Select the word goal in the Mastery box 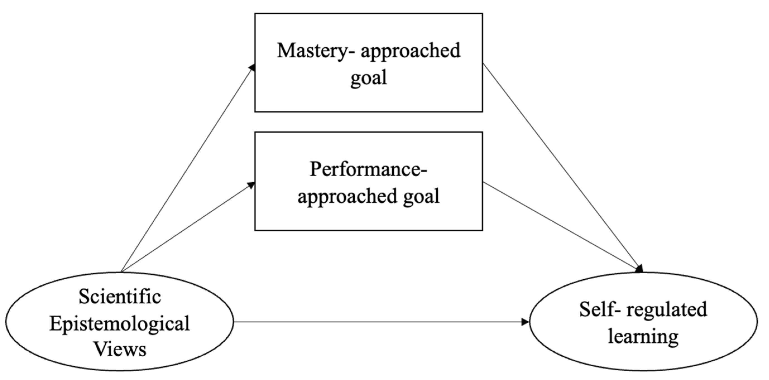[368, 78]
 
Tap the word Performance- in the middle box [368, 169]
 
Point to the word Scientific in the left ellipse [120, 297]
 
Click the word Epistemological [120, 323]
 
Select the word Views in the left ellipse [120, 349]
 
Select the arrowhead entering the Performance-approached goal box [251, 185]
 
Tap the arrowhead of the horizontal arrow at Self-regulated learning [525, 322]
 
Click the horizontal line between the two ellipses [379, 322]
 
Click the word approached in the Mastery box [410, 51]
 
